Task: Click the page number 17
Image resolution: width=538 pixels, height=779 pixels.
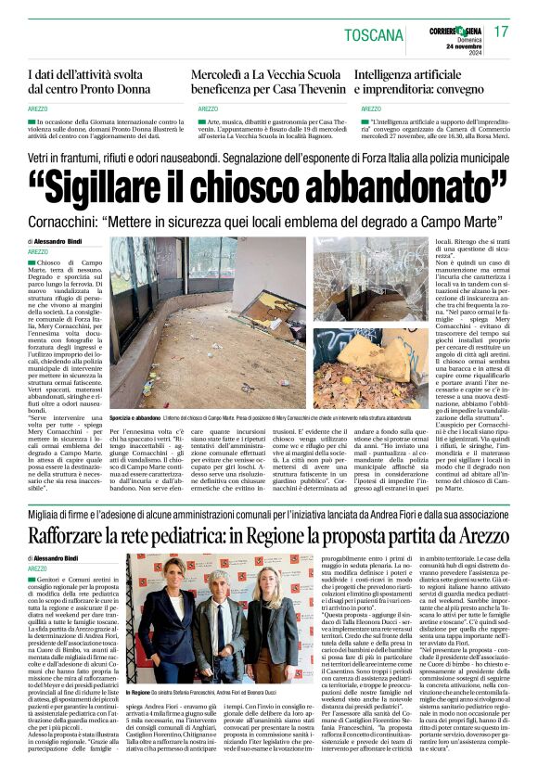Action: click(x=501, y=32)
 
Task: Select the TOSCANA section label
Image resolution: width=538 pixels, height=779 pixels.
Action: click(x=370, y=34)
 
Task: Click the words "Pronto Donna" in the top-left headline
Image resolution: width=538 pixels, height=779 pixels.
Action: click(x=117, y=89)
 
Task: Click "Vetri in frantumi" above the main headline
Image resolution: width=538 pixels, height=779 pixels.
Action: click(x=67, y=160)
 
